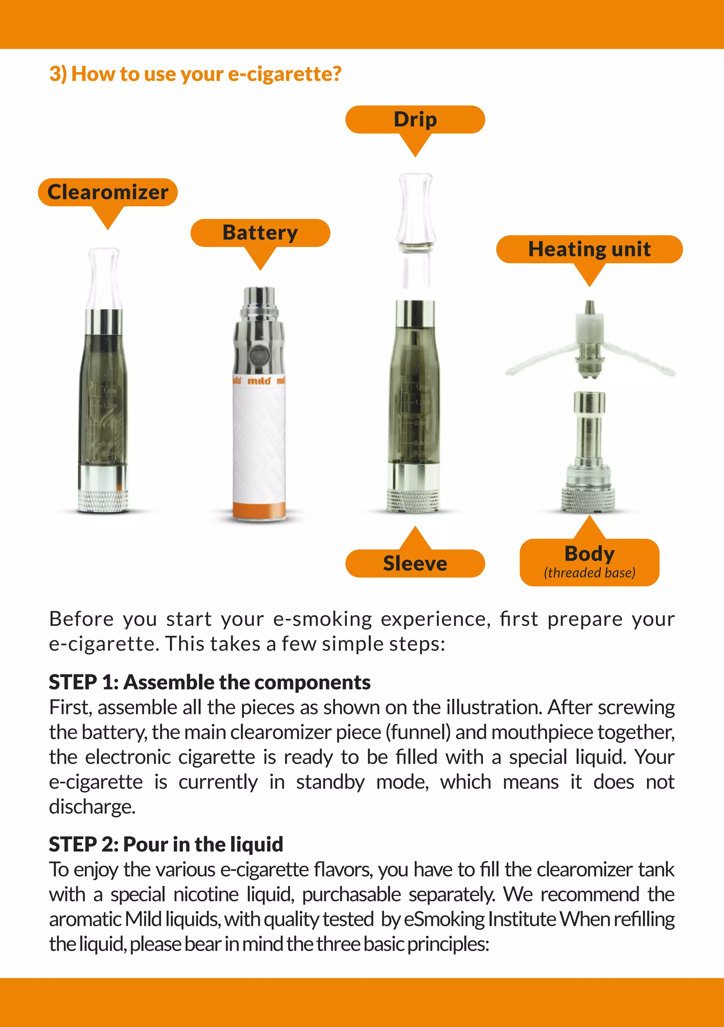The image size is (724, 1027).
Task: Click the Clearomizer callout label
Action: pyautogui.click(x=108, y=192)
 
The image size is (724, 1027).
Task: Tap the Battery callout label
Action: pyautogui.click(x=260, y=233)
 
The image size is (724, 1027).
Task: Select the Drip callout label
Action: pyautogui.click(x=415, y=119)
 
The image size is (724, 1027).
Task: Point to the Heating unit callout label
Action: pyautogui.click(x=589, y=249)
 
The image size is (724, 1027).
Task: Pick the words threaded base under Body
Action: pyautogui.click(x=589, y=573)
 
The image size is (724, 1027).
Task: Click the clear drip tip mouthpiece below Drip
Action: pyautogui.click(x=416, y=210)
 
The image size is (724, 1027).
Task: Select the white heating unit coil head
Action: pyautogui.click(x=590, y=331)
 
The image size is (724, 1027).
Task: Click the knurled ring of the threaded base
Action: pyautogui.click(x=589, y=500)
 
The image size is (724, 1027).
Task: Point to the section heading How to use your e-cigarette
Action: pyautogui.click(x=195, y=74)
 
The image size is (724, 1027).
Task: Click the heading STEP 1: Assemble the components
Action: pyautogui.click(x=209, y=682)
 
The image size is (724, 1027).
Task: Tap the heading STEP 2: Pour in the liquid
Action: pyautogui.click(x=166, y=844)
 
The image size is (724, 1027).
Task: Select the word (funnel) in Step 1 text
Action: pyautogui.click(x=418, y=732)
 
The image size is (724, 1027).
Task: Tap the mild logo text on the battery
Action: pyautogui.click(x=259, y=381)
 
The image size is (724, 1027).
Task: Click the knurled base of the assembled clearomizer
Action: pyautogui.click(x=103, y=500)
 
